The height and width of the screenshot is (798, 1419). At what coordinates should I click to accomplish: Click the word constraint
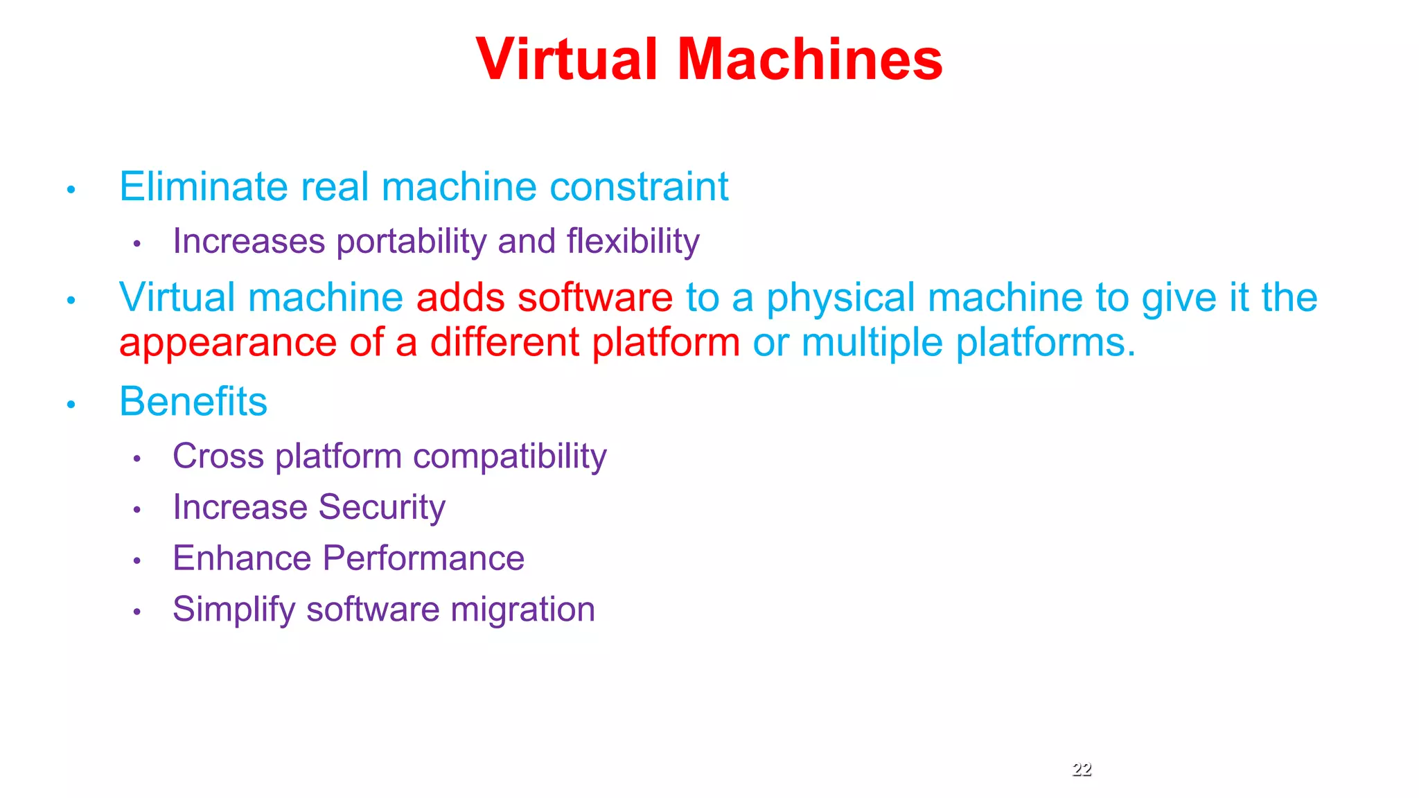coord(638,187)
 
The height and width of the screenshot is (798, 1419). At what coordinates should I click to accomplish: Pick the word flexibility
coord(633,242)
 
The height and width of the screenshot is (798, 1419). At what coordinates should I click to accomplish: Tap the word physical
coord(840,298)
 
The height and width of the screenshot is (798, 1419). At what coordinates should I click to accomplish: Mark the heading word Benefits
coord(193,402)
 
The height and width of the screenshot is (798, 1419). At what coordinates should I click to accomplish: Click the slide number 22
coord(1082,769)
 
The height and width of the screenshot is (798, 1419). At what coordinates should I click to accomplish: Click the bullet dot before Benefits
coord(71,404)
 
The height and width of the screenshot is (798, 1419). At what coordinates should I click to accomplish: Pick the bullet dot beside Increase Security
coord(137,510)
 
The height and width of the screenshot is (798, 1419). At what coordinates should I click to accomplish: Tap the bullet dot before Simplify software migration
coord(137,612)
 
